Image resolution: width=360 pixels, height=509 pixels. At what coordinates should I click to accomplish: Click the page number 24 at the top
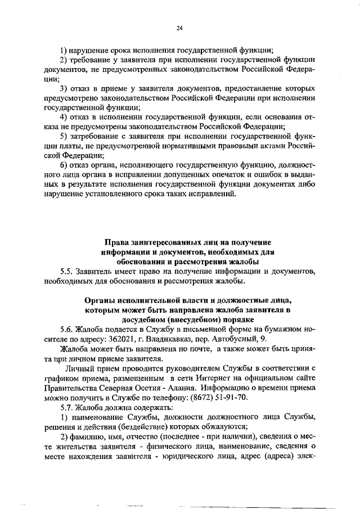click(179, 28)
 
